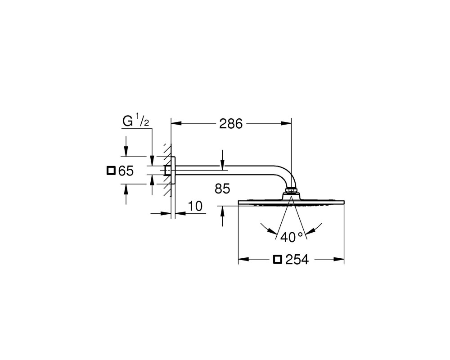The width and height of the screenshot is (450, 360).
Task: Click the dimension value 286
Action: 231,124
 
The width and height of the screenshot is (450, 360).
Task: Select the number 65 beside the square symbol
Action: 126,171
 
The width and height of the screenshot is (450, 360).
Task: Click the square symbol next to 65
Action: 111,171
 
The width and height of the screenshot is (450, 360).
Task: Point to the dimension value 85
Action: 222,189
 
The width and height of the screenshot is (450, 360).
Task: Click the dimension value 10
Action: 195,206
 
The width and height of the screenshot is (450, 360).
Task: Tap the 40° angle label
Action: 292,237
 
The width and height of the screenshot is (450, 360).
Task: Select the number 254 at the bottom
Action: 297,260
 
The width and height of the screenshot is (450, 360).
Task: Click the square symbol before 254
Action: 278,259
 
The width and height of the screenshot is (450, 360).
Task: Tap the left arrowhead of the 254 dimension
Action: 243,260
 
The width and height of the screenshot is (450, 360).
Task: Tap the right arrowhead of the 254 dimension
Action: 339,260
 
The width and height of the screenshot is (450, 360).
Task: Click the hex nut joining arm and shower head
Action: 292,189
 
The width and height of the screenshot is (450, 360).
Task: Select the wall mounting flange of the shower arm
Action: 173,171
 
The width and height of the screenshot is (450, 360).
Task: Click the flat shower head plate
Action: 291,202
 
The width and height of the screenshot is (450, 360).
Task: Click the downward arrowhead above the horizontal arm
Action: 222,163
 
